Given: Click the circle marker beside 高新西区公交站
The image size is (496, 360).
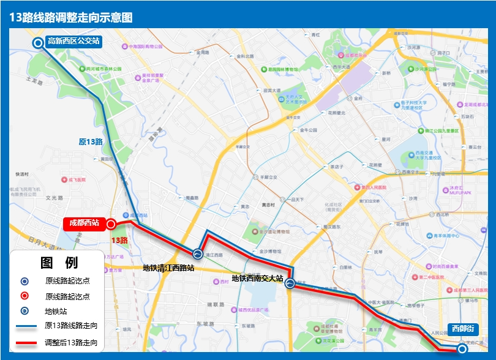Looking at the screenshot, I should click(37, 42).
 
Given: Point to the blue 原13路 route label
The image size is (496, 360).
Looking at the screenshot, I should click(91, 142).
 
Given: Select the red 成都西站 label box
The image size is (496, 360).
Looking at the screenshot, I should click(84, 223).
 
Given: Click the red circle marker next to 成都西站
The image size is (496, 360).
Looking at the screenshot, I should click(111, 224).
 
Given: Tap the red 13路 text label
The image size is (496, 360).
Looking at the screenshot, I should click(119, 240).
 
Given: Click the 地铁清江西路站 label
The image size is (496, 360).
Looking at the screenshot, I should click(168, 268).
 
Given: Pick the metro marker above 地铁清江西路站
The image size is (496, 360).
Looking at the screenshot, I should click(198, 253).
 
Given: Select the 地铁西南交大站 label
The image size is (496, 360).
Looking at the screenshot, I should click(257, 279).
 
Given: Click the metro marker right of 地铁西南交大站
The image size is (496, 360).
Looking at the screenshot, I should click(290, 283).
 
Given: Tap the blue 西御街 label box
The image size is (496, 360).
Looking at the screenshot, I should click(462, 329).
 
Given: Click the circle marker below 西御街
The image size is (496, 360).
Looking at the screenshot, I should click(463, 349).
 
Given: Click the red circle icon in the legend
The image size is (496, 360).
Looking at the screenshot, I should click(24, 296).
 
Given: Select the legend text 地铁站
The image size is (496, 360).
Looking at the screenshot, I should click(58, 311).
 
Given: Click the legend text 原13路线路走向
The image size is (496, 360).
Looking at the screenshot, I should click(71, 326).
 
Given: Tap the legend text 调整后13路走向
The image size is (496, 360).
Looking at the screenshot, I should click(71, 343).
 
